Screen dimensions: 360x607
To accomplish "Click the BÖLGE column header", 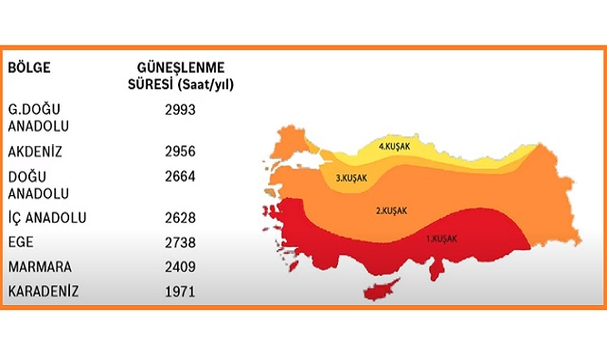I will [30, 68].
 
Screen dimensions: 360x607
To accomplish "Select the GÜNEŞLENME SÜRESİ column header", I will [180, 76].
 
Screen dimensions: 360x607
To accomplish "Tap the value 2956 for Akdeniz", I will [179, 151].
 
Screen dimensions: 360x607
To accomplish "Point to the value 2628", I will [179, 218].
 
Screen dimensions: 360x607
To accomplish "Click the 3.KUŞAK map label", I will [350, 177].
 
